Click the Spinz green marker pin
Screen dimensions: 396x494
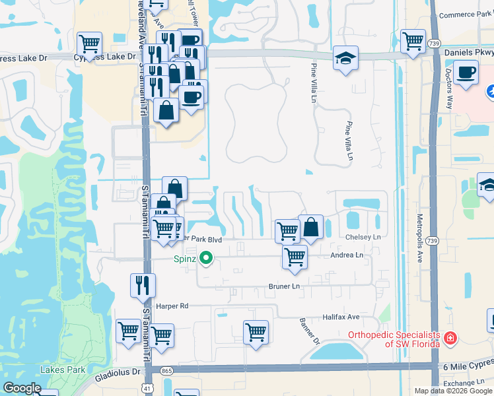(x=206, y=259)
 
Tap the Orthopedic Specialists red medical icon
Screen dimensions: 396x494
(x=450, y=338)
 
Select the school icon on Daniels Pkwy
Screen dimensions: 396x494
(x=345, y=59)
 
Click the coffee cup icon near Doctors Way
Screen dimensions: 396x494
(x=466, y=73)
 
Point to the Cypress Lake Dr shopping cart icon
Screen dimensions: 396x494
(x=89, y=44)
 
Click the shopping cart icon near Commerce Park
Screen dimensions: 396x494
(x=413, y=41)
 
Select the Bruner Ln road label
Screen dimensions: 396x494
(x=284, y=286)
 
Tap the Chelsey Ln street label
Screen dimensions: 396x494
(x=363, y=237)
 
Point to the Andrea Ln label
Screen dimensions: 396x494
(x=347, y=255)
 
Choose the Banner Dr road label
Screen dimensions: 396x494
(x=312, y=333)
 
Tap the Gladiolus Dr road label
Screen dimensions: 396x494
(x=118, y=372)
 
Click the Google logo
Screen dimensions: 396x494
(x=22, y=388)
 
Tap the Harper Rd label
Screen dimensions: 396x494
(x=172, y=306)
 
